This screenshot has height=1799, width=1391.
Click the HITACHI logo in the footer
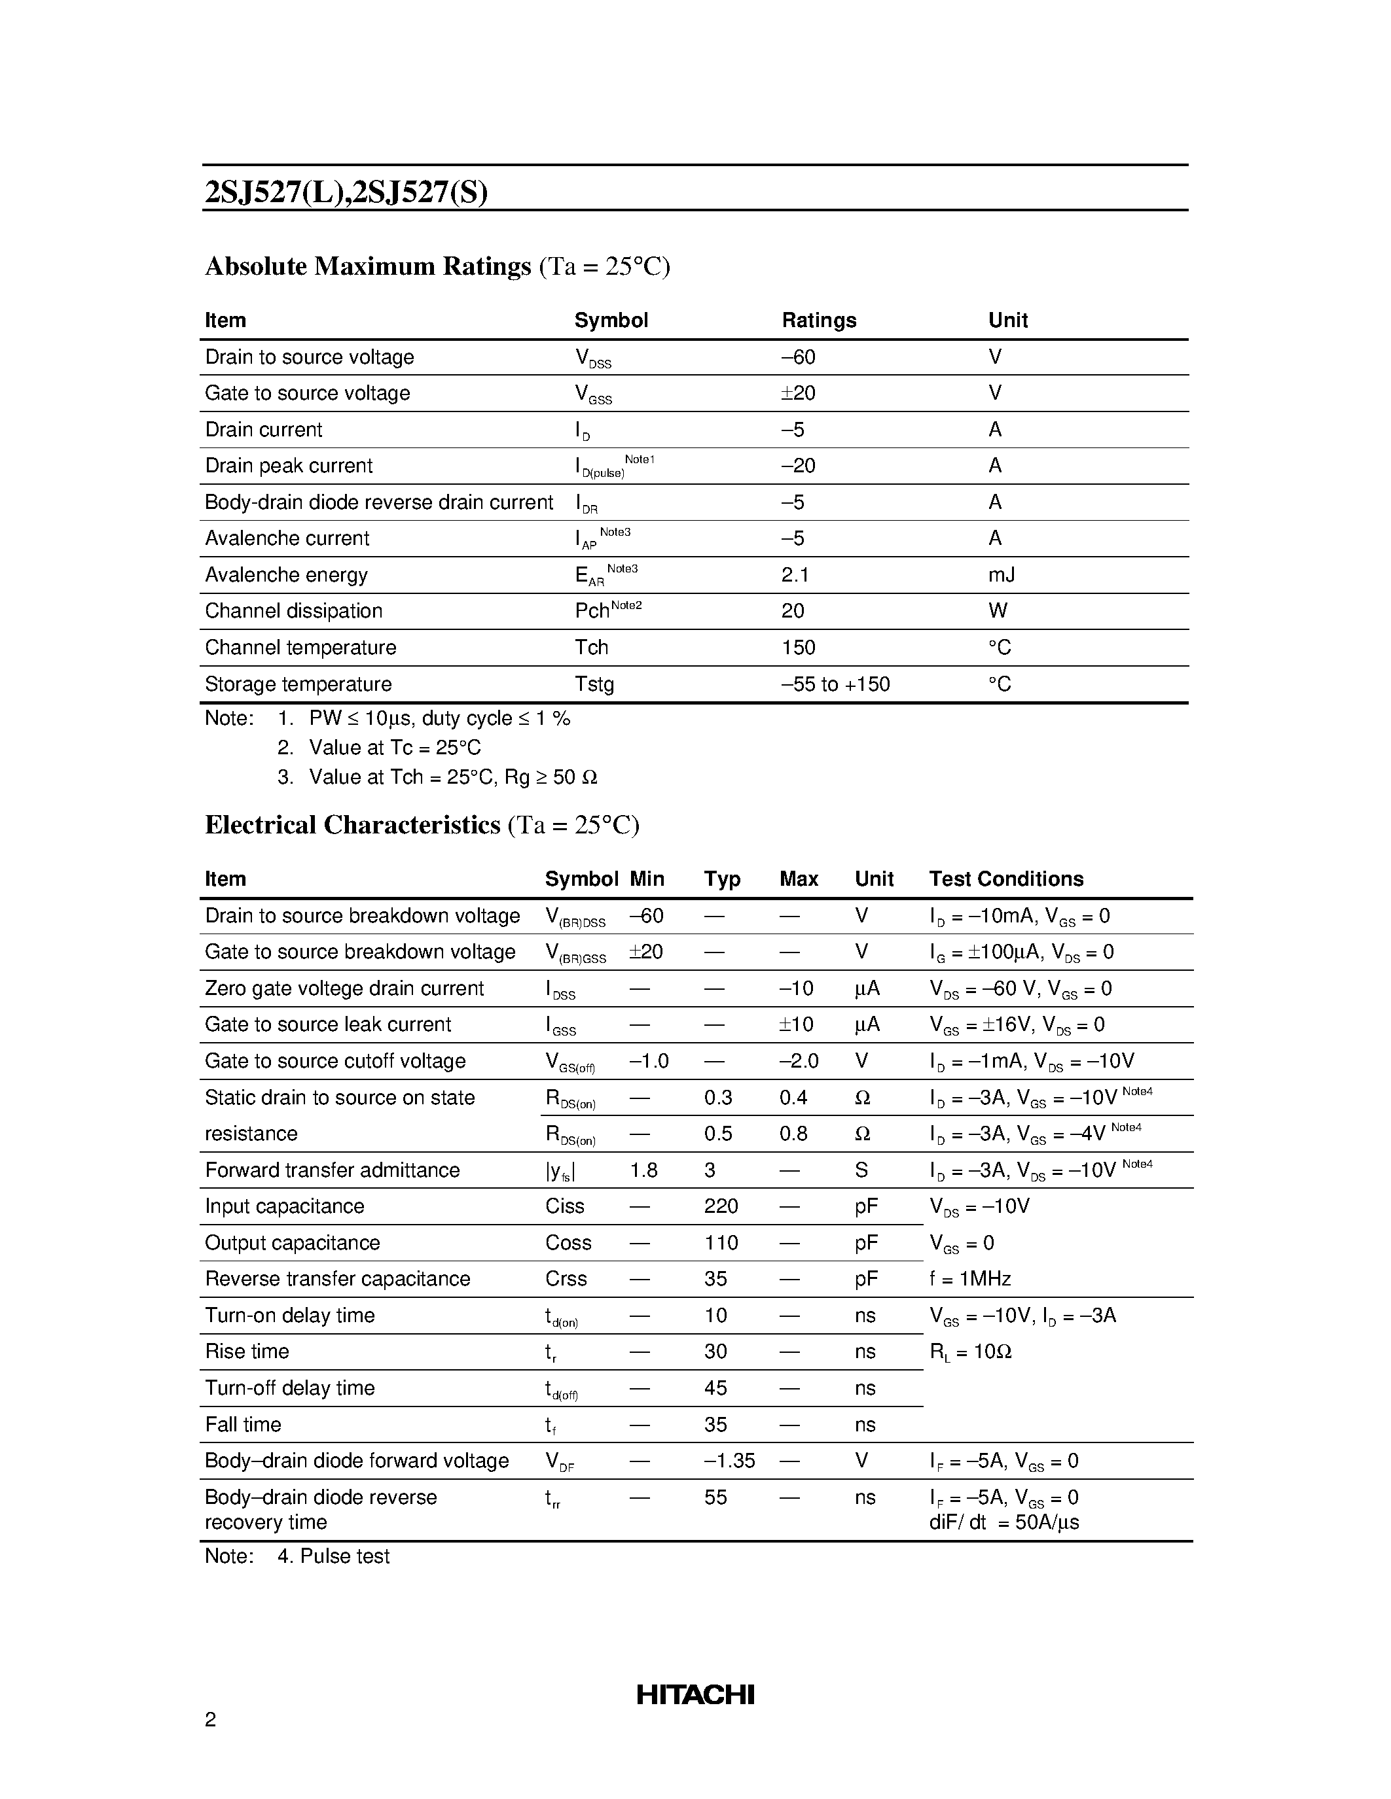(695, 1694)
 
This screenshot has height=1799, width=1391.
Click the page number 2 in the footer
(210, 1719)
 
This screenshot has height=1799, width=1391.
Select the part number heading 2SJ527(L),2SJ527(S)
(346, 192)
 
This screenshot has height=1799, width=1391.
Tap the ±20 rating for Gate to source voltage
(798, 393)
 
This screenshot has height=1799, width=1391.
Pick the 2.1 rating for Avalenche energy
(795, 574)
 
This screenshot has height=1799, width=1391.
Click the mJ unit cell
(1002, 574)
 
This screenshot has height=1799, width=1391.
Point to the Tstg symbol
(594, 684)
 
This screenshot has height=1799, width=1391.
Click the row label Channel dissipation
(293, 610)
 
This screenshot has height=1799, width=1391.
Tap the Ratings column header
(818, 320)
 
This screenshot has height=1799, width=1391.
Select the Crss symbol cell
(566, 1278)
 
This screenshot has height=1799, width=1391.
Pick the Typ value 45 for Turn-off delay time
(715, 1388)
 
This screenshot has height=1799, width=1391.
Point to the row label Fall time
(243, 1424)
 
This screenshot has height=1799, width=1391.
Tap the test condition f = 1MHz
(970, 1278)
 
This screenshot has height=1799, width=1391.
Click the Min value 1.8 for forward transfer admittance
(643, 1170)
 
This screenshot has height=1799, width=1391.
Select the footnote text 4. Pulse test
(334, 1556)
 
